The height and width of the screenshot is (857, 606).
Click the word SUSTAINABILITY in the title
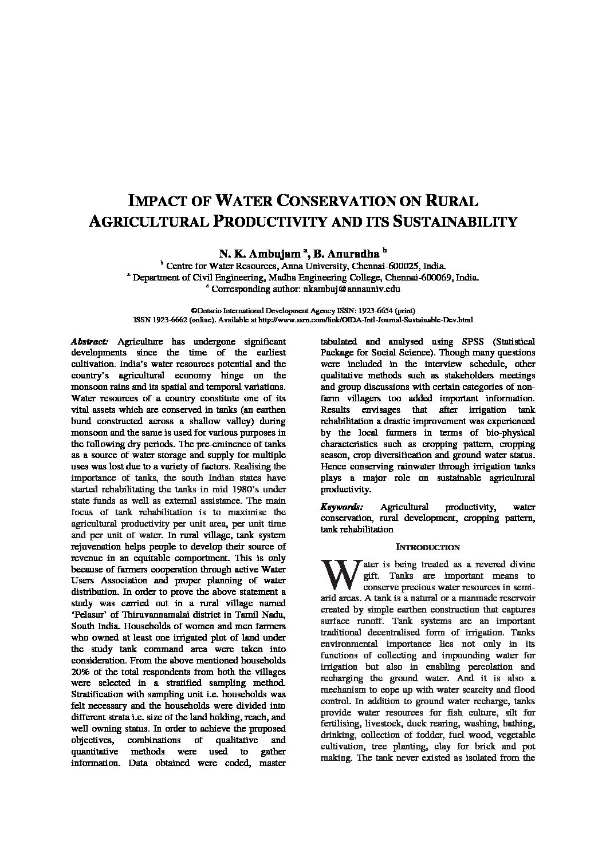(x=455, y=222)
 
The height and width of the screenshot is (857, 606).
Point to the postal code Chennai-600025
(x=389, y=266)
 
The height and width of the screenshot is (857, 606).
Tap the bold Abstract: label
(x=89, y=341)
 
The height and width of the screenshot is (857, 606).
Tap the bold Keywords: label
(x=342, y=507)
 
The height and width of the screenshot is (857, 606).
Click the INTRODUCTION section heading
(x=428, y=547)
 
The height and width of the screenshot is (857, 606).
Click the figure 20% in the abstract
(x=81, y=672)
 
